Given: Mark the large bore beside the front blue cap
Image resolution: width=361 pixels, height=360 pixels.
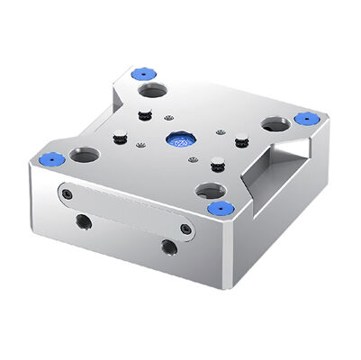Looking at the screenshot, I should (211, 191).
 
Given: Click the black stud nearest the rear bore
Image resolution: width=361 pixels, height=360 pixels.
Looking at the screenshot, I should (145, 114).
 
